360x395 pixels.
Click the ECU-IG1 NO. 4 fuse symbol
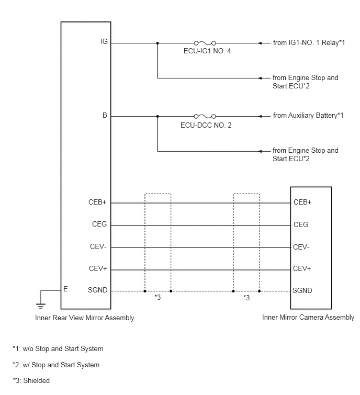(x=205, y=43)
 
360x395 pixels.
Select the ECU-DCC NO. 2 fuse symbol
(x=205, y=116)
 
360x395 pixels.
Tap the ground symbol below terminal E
(x=41, y=306)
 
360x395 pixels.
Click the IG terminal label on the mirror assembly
(x=104, y=41)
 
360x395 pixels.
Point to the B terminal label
(x=105, y=116)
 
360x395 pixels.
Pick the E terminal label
(x=65, y=289)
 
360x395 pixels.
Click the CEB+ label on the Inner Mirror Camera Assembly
(x=302, y=202)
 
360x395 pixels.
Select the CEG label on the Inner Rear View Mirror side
(x=99, y=224)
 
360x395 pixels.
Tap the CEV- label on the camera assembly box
(x=301, y=247)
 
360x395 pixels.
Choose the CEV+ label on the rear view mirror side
(x=98, y=269)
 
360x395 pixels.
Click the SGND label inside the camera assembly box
(x=302, y=291)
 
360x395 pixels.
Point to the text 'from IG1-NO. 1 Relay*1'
(x=309, y=42)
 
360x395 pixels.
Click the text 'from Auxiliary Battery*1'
(x=308, y=116)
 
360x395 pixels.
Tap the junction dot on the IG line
(x=157, y=43)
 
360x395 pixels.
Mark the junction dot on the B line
(x=157, y=116)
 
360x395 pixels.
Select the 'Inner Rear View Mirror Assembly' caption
(x=85, y=318)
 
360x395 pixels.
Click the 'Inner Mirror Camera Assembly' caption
(x=308, y=318)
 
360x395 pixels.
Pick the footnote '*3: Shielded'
(x=31, y=380)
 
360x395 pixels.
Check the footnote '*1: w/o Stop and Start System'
(x=58, y=348)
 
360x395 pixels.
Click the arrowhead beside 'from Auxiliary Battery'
(x=261, y=116)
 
